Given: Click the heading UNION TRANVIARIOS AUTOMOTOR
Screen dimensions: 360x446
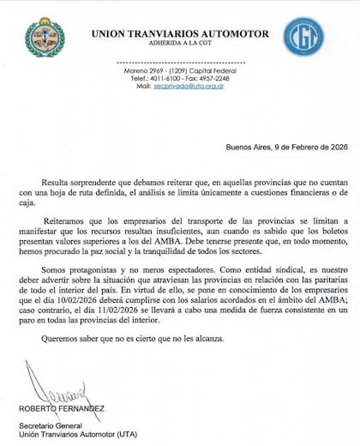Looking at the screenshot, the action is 179,33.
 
